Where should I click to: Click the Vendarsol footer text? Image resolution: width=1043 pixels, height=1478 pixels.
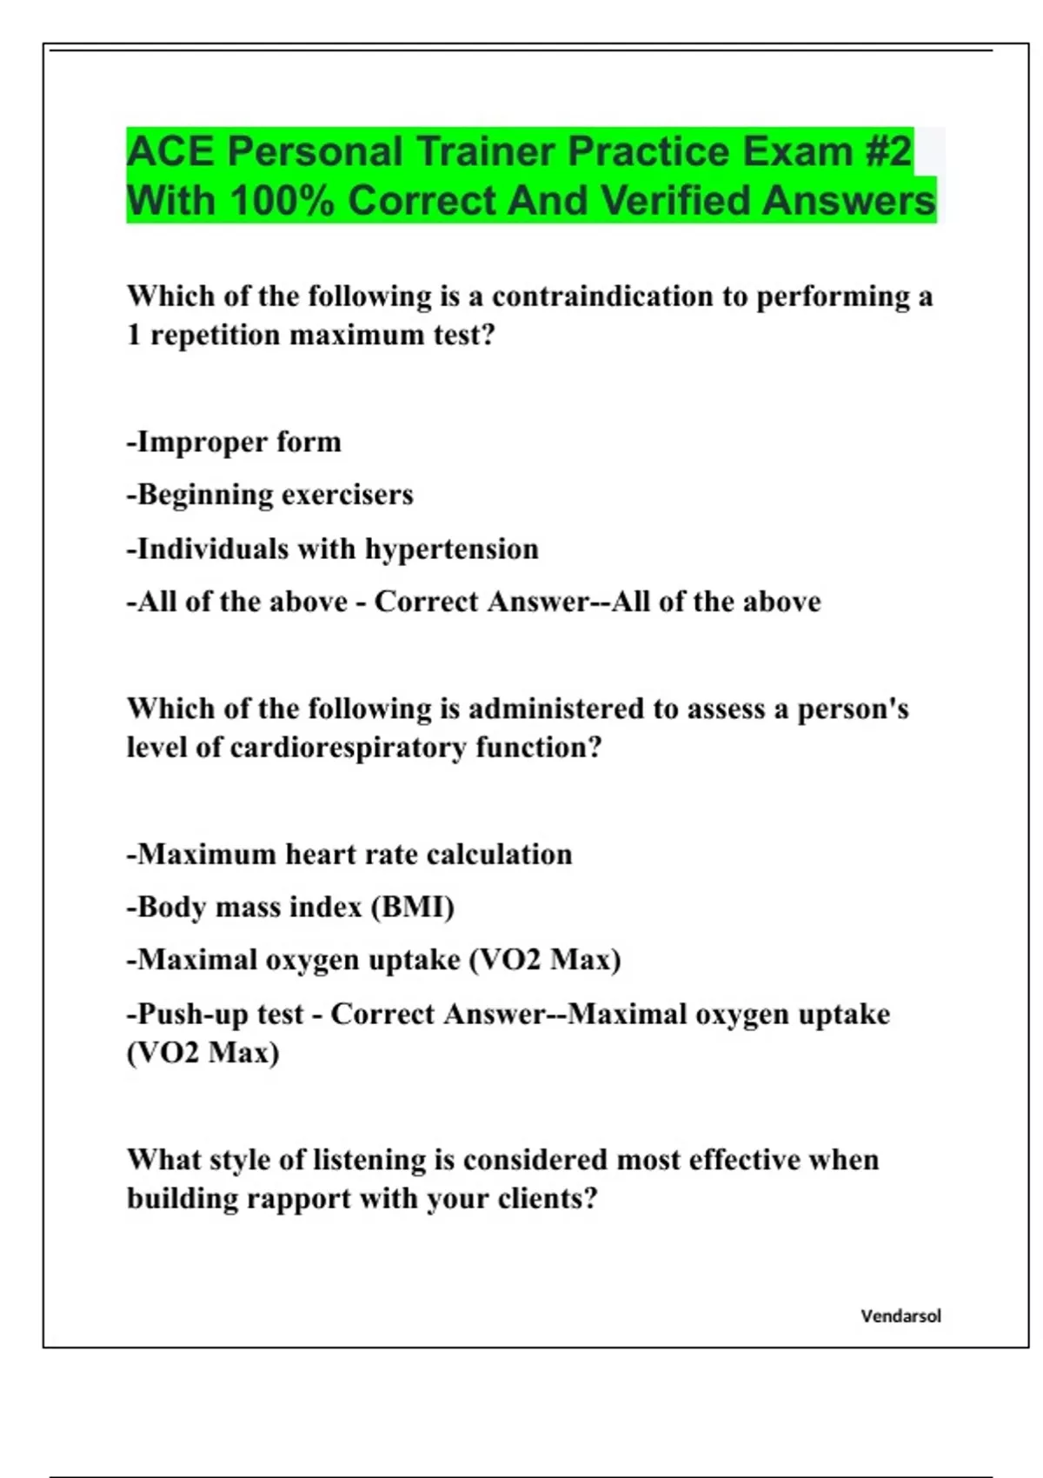(900, 1316)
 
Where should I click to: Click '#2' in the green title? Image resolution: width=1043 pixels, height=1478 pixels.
(887, 151)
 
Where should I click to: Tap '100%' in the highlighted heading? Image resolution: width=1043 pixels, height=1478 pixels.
(282, 201)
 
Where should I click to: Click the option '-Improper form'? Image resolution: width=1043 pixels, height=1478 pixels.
(234, 443)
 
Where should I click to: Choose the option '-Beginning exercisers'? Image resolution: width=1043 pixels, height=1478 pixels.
(269, 496)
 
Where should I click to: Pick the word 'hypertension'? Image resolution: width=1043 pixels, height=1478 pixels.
(451, 549)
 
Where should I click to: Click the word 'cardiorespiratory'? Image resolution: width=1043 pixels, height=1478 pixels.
(348, 748)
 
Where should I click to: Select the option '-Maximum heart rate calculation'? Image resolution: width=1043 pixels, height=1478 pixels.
(349, 855)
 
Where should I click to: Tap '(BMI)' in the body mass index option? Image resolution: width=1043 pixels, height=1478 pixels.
(413, 908)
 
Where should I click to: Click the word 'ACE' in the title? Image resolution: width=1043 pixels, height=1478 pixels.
(169, 151)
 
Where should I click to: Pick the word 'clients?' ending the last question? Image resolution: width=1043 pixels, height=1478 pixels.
(548, 1199)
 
